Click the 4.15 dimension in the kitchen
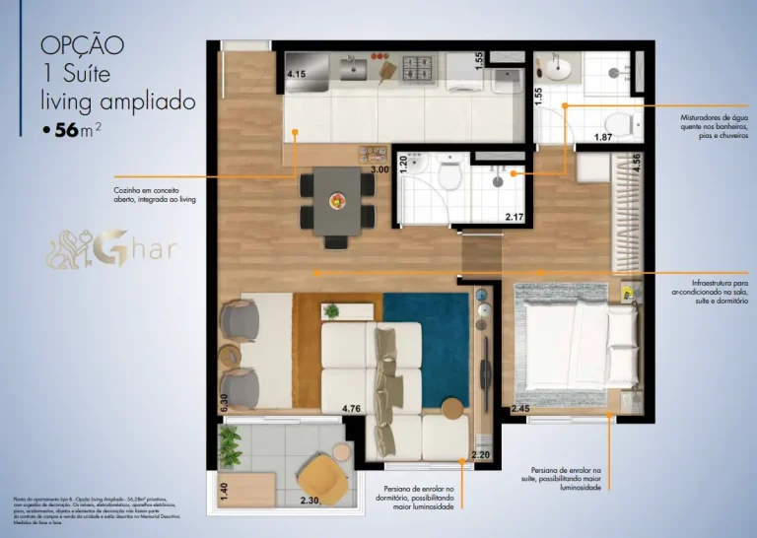(296, 74)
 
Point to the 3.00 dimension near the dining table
(379, 169)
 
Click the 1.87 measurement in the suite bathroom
(604, 137)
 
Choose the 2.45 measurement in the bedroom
(520, 407)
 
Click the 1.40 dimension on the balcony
(224, 491)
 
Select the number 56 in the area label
(68, 130)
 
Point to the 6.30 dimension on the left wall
(224, 402)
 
